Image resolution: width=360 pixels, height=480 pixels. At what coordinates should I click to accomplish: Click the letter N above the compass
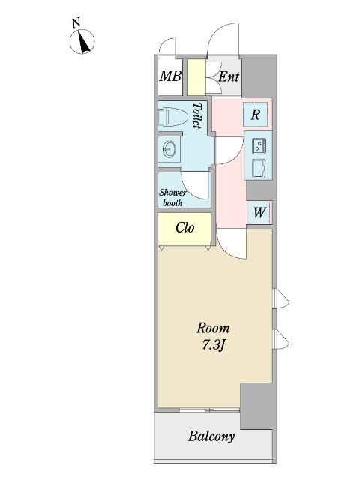(x=76, y=23)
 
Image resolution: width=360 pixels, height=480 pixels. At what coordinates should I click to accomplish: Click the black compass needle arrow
(x=84, y=42)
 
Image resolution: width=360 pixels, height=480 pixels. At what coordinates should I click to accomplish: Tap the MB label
(x=170, y=76)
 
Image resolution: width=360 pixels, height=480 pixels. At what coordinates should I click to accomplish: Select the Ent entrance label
(x=229, y=76)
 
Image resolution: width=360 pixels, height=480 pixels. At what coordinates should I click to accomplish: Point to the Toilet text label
(x=197, y=115)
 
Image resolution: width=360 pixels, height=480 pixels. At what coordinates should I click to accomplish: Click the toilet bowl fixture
(x=172, y=117)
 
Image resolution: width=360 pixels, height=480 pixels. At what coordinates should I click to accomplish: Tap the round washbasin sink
(x=169, y=149)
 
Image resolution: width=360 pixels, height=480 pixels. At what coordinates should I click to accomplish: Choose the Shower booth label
(x=172, y=198)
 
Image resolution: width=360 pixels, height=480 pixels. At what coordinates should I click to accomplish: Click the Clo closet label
(x=185, y=228)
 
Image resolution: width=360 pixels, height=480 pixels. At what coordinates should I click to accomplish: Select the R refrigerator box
(x=255, y=115)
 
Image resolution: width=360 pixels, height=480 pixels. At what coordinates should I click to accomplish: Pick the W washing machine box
(x=259, y=211)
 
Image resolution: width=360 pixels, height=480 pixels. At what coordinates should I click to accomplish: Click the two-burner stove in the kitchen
(x=259, y=146)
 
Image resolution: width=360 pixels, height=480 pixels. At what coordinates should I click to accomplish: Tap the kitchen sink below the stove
(x=259, y=168)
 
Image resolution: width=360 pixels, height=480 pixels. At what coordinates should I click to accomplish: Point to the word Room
(x=213, y=328)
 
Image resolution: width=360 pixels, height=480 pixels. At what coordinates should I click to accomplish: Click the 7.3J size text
(x=213, y=346)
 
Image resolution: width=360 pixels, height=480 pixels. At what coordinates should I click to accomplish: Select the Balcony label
(x=211, y=436)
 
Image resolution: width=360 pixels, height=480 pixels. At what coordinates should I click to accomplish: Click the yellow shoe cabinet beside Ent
(x=196, y=77)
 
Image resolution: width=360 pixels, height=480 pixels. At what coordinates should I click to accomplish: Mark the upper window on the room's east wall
(x=281, y=298)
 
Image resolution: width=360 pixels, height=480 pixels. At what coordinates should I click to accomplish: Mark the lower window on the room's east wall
(x=281, y=340)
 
